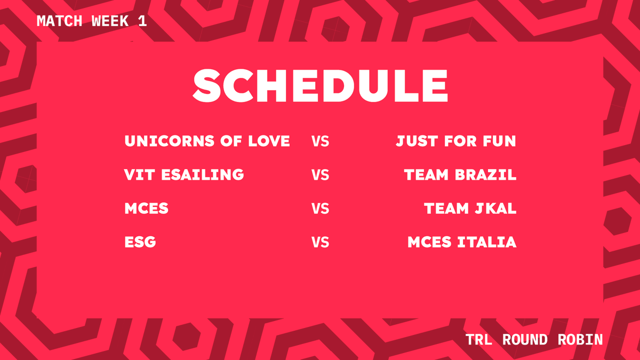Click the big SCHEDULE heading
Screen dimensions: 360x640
click(320, 86)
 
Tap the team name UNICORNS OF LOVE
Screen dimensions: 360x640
click(207, 141)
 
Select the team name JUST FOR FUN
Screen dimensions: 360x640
click(456, 141)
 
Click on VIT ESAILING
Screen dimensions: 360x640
click(184, 175)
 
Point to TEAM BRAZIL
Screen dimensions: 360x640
click(460, 175)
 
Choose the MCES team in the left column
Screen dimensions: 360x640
click(146, 209)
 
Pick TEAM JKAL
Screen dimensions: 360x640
click(470, 209)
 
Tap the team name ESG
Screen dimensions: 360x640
click(140, 242)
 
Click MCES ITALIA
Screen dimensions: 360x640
click(462, 242)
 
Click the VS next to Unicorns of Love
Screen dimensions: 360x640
click(320, 142)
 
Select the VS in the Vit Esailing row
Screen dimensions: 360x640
click(320, 175)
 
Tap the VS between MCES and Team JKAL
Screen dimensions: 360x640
click(320, 209)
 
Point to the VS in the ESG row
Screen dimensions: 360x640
click(320, 243)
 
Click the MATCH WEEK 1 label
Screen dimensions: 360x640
click(91, 21)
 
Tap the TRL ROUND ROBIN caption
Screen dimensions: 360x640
click(534, 340)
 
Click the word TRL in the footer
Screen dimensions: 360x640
click(478, 340)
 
